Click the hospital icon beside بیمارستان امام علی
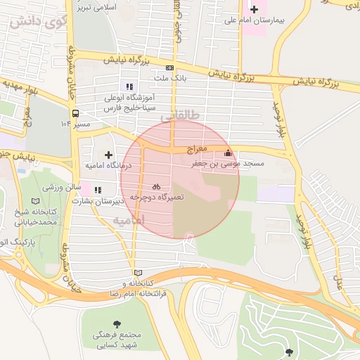pos(255,9)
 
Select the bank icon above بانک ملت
pos(169,67)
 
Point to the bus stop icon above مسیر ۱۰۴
pos(75,112)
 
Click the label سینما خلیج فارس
pos(128,110)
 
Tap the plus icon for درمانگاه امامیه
pos(108,154)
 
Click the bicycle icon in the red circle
pos(156,187)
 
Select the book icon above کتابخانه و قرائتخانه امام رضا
pos(138,273)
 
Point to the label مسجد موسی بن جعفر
pos(229,163)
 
